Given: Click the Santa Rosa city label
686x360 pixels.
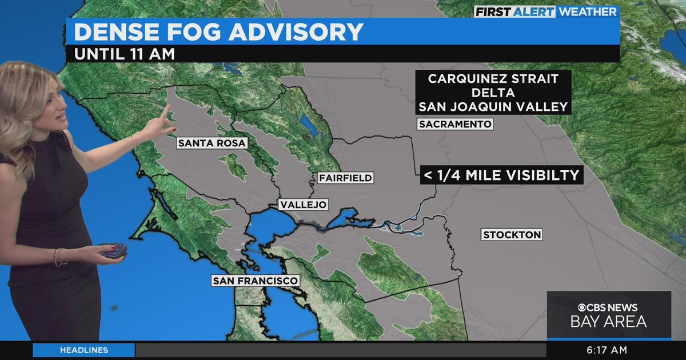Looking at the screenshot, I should [x=212, y=143].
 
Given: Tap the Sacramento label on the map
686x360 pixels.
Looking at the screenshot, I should [x=455, y=124].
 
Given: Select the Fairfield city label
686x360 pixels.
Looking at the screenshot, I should [x=345, y=178].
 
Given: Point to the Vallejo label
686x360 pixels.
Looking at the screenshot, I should [x=303, y=205].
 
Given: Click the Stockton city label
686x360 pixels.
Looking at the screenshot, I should [x=512, y=235].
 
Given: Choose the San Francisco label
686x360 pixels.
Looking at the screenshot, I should [x=255, y=281].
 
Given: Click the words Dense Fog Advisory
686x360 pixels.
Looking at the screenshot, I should [x=218, y=32].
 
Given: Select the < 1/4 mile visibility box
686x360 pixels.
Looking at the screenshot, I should [x=501, y=175].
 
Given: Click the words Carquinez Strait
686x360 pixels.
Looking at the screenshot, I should [x=493, y=79].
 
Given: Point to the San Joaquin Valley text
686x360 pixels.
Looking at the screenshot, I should [x=493, y=106].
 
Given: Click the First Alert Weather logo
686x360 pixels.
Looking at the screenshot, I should [x=545, y=11].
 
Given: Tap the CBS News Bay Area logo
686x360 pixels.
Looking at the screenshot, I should [x=608, y=315].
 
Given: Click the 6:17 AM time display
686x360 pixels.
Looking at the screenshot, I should [x=607, y=350].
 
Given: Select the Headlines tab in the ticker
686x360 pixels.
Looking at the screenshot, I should [x=83, y=350].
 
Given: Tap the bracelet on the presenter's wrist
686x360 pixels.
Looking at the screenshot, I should [x=58, y=257].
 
